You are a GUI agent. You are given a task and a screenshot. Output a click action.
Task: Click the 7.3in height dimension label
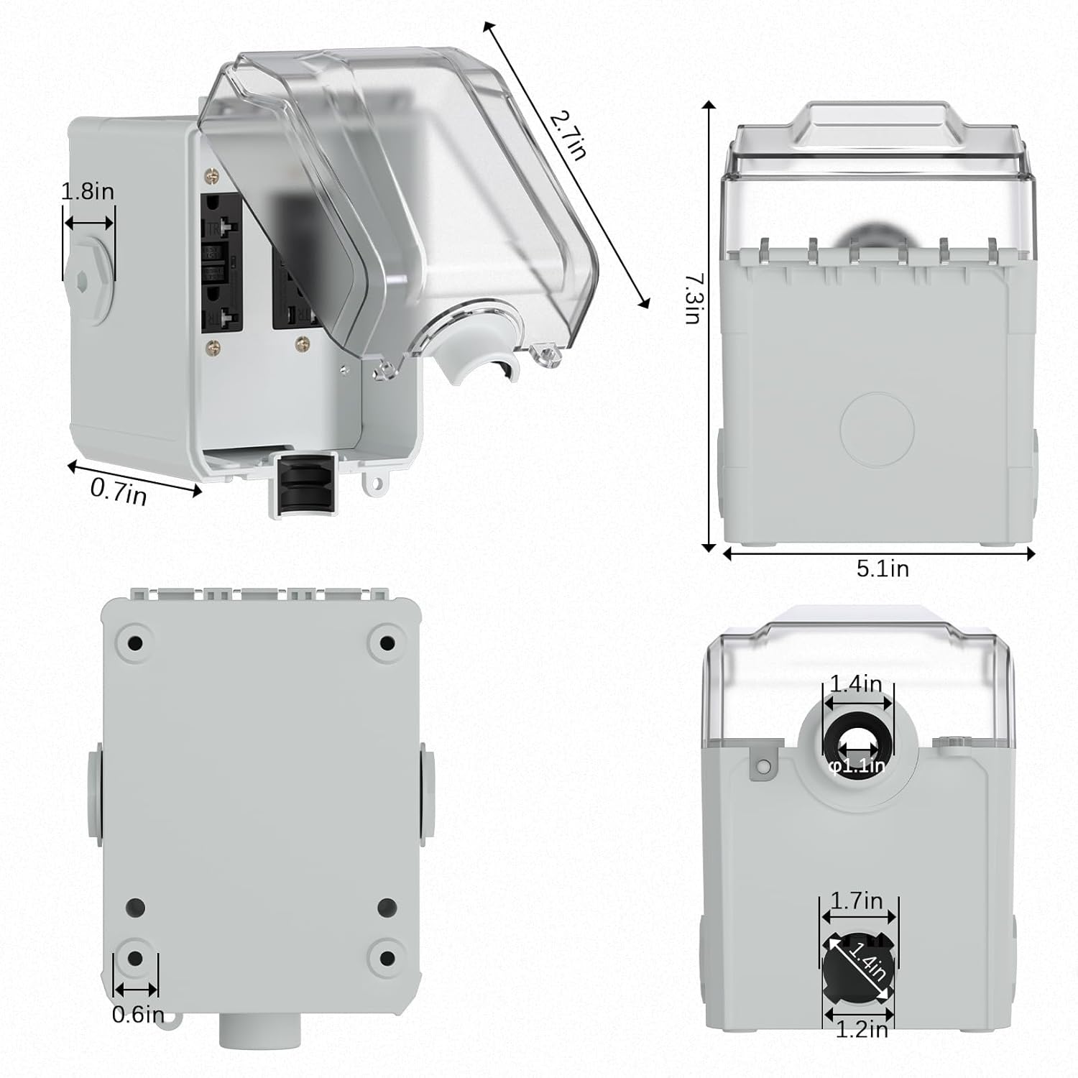pos(691,298)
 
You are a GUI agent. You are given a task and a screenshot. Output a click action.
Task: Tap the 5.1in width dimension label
pos(883,568)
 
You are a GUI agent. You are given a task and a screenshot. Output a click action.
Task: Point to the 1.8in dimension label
pos(88,192)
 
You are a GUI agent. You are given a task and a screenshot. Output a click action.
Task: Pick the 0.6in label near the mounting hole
pos(138,1015)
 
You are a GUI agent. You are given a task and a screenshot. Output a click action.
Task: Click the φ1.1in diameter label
pos(857,766)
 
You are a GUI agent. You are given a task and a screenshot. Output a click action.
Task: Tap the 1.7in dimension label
pos(857,900)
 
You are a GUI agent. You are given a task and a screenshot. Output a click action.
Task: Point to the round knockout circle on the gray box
pos(877,430)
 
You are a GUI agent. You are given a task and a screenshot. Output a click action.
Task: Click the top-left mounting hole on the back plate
pos(134,642)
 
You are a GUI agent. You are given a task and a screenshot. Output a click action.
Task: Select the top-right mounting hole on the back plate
pos(387,642)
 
